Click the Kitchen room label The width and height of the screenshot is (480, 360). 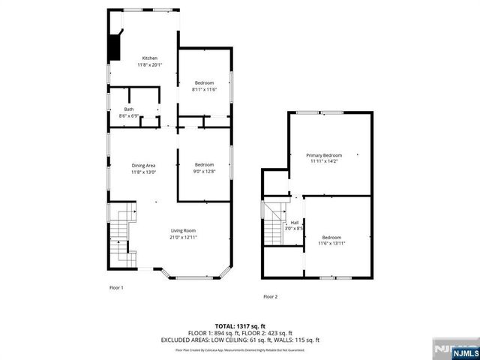point(151,58)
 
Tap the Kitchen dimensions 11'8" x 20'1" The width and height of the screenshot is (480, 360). point(151,64)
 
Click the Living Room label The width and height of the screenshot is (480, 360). point(183,230)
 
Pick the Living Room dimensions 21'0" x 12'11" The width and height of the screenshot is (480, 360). point(183,237)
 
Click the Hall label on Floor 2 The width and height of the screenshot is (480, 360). point(295,223)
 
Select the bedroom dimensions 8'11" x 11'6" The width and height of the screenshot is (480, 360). point(204,89)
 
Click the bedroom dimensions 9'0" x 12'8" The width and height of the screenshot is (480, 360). point(205,172)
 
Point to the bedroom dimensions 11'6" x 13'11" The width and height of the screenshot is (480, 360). point(331,243)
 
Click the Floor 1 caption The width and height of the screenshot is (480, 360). point(116,287)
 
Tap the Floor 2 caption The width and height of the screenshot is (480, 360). point(271,297)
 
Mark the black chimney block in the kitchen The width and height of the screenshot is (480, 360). point(115,46)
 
